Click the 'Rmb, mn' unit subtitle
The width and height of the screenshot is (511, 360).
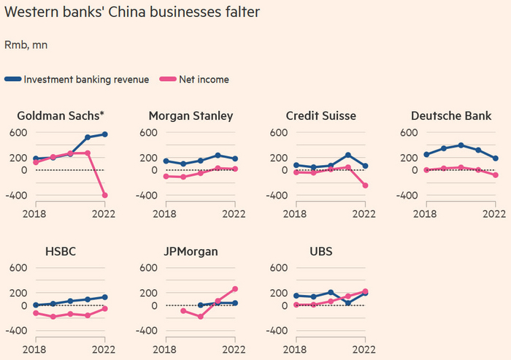(x=26, y=45)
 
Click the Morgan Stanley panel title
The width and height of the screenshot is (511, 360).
(x=191, y=115)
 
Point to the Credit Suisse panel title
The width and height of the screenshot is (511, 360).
(x=321, y=115)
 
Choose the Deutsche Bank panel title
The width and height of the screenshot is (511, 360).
(x=451, y=115)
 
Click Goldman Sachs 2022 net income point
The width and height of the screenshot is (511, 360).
(x=105, y=195)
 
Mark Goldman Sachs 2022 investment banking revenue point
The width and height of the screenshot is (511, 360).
(x=105, y=134)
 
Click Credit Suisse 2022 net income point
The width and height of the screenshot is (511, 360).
(x=365, y=185)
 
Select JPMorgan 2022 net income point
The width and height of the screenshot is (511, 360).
(x=235, y=288)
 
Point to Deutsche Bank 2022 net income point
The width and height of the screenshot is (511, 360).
(x=496, y=175)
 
